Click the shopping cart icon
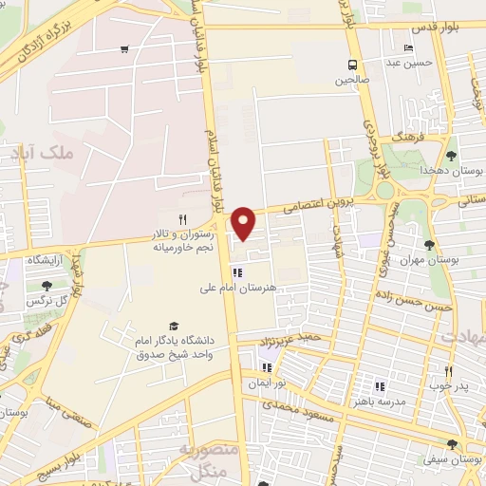coord(125,48)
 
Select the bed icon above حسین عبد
coord(408,47)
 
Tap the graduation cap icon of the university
coord(173,326)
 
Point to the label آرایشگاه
coord(44,259)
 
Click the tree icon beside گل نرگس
coord(47,286)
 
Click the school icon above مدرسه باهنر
coord(380,386)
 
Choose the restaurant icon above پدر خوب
coord(448,371)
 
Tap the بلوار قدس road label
coord(439,27)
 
